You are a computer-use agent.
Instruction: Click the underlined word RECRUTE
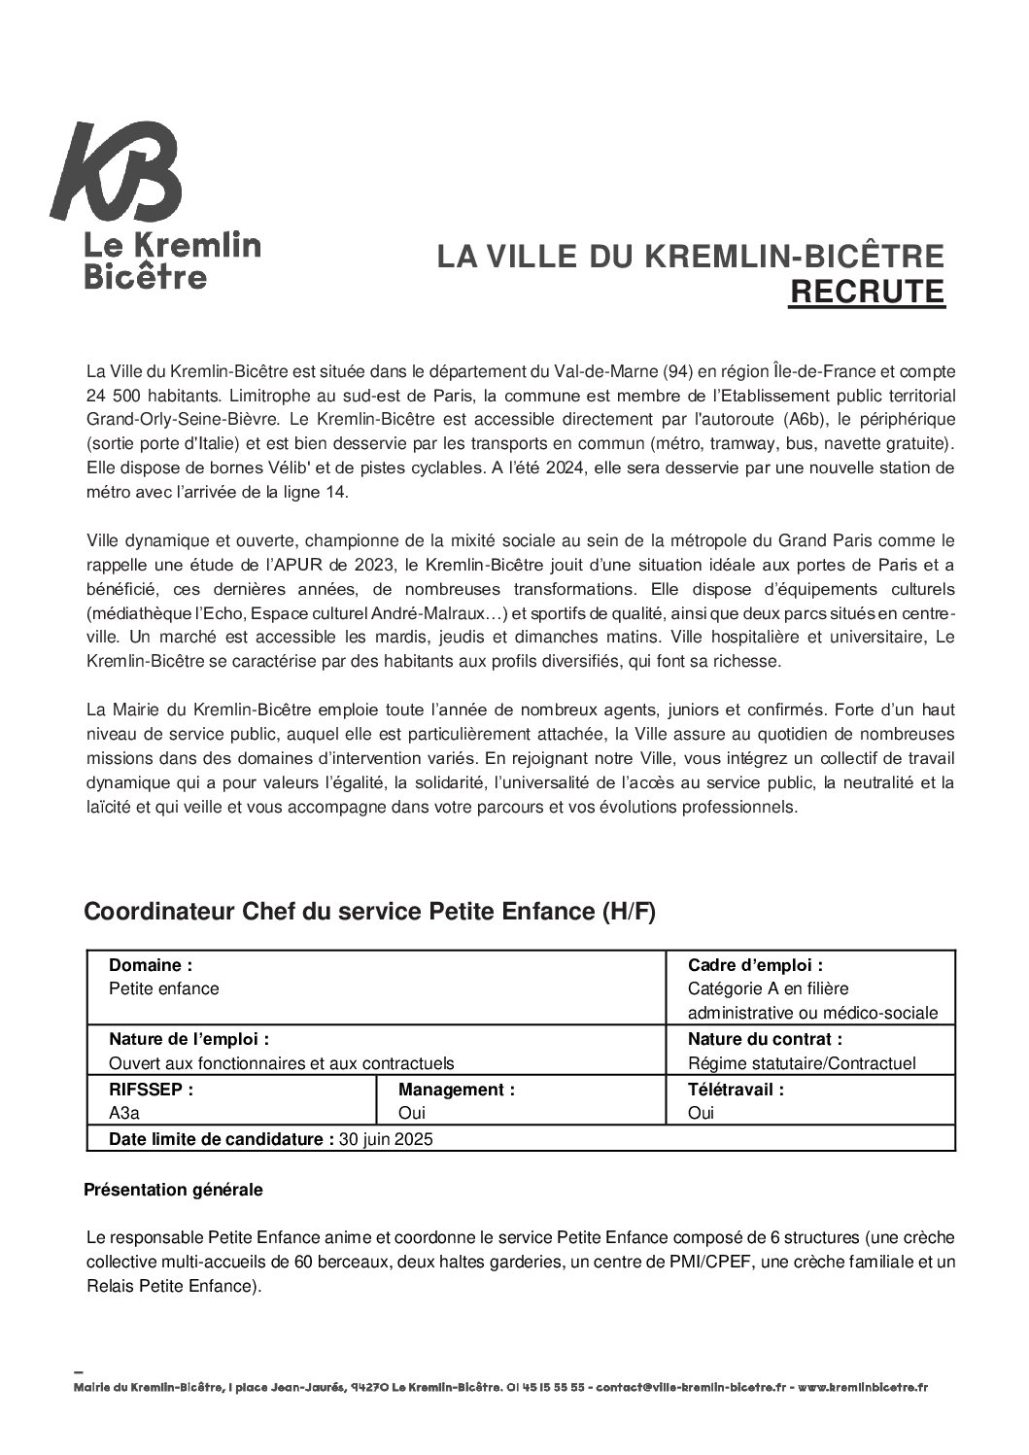(866, 292)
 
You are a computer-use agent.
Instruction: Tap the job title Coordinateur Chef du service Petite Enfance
(369, 912)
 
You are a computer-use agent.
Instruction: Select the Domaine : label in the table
(151, 965)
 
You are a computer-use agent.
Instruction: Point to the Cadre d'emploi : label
(755, 965)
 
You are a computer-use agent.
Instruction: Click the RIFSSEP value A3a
(124, 1114)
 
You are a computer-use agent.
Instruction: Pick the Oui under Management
(412, 1114)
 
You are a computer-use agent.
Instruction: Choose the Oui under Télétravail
(701, 1114)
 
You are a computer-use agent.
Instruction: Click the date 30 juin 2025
(386, 1139)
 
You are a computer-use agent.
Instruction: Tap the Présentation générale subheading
(173, 1189)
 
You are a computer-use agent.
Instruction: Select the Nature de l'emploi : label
(189, 1039)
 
